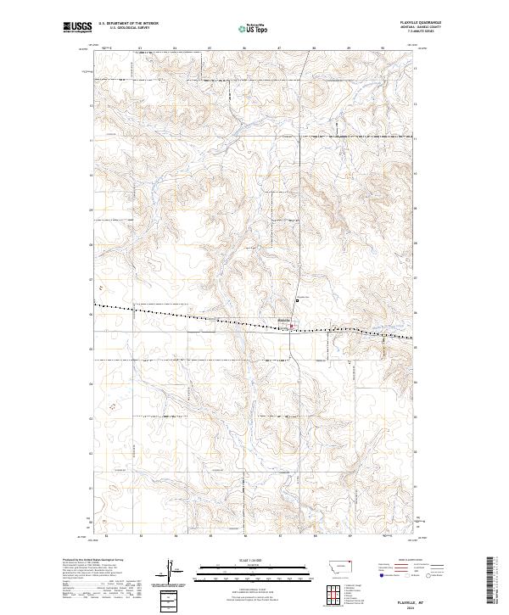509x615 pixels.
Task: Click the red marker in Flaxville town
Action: coord(293,326)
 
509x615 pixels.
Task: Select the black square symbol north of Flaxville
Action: coord(298,299)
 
